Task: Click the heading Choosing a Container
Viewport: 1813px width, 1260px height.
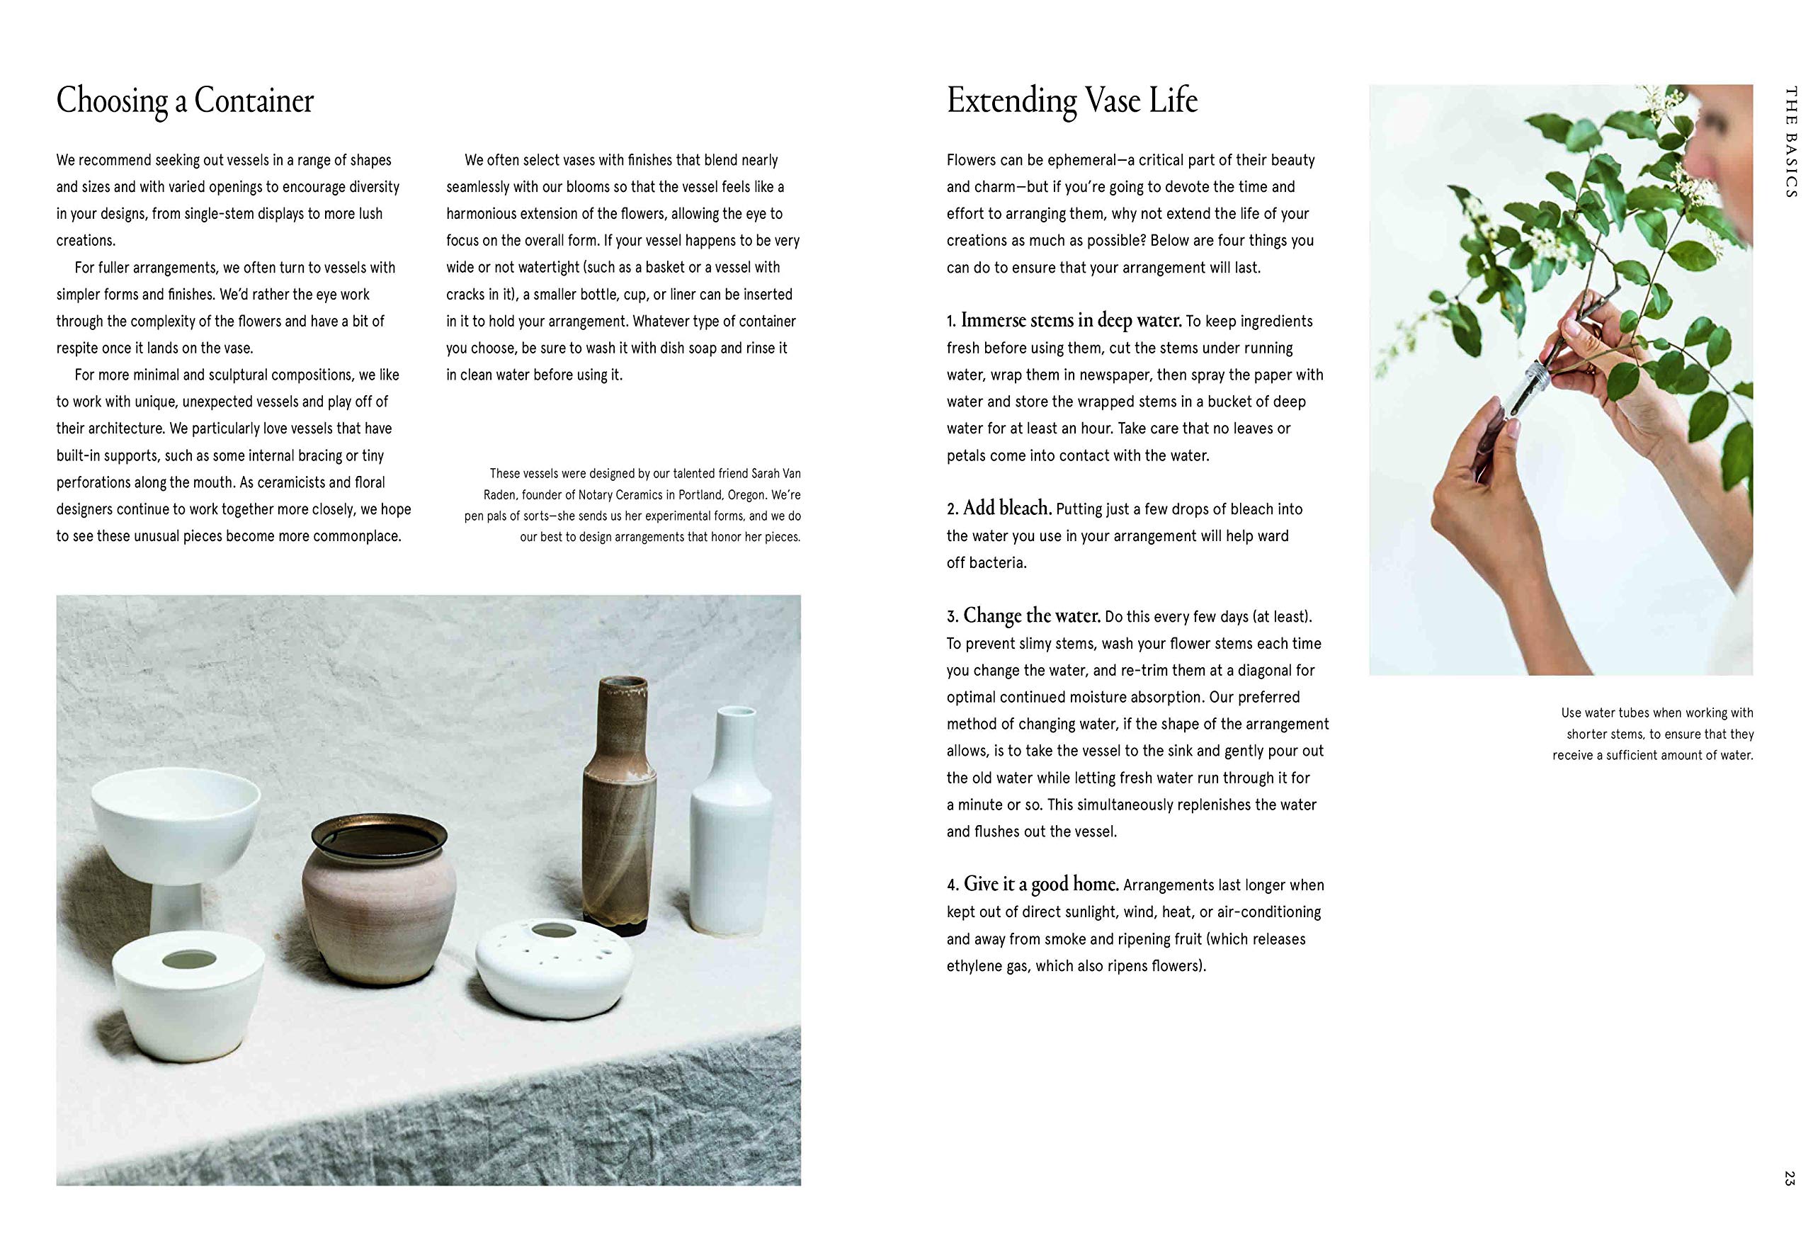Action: coord(185,101)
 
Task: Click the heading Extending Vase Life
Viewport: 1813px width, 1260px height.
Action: coord(1071,101)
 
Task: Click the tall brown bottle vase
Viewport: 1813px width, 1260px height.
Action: coord(620,798)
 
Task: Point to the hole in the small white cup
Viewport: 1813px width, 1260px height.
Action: coord(188,960)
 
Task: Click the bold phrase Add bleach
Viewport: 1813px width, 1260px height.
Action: coord(1007,508)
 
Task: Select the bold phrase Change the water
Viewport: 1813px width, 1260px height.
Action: coord(1032,615)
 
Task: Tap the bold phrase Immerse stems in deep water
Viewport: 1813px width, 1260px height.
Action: coord(1071,319)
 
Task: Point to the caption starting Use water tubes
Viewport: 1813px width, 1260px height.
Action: coord(1653,734)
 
